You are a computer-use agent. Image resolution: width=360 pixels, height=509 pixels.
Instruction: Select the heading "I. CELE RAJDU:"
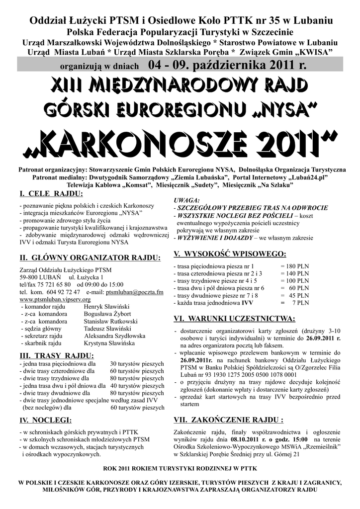pos(50,192)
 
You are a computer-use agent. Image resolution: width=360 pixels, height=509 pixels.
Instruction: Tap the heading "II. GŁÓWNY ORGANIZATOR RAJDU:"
pos(90,258)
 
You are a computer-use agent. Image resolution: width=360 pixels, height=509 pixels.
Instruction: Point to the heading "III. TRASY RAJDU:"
pos(56,355)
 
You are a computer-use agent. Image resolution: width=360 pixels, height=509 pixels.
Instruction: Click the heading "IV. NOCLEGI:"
pos(45,421)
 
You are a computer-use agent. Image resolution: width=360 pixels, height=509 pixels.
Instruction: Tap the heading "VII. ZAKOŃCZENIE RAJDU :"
pos(232,419)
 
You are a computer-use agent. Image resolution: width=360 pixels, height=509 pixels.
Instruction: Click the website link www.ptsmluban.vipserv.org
pos(55,300)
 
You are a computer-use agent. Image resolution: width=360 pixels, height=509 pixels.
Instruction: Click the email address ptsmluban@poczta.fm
pos(134,292)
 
